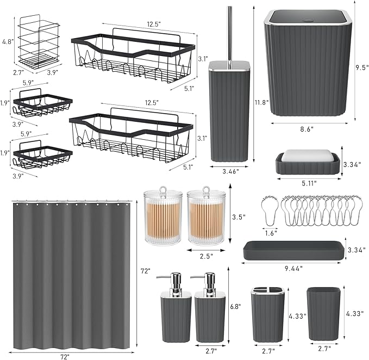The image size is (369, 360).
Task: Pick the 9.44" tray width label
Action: click(x=293, y=268)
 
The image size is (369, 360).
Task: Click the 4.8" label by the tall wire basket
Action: click(x=7, y=41)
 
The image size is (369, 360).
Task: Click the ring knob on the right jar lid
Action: click(x=207, y=191)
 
